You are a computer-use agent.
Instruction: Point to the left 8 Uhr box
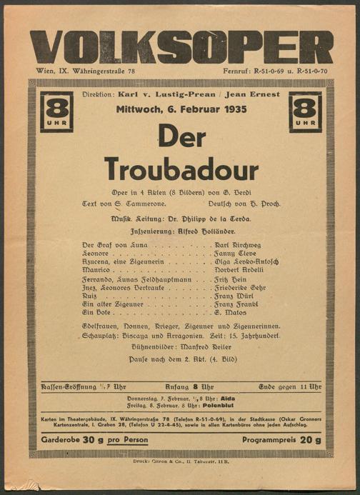(56, 111)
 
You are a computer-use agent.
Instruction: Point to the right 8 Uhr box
(305, 111)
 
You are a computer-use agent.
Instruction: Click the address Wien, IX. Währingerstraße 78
(85, 71)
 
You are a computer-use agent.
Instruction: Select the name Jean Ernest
(255, 95)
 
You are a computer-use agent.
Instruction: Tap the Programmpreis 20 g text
(281, 440)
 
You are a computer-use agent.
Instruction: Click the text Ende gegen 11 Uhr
(289, 386)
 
